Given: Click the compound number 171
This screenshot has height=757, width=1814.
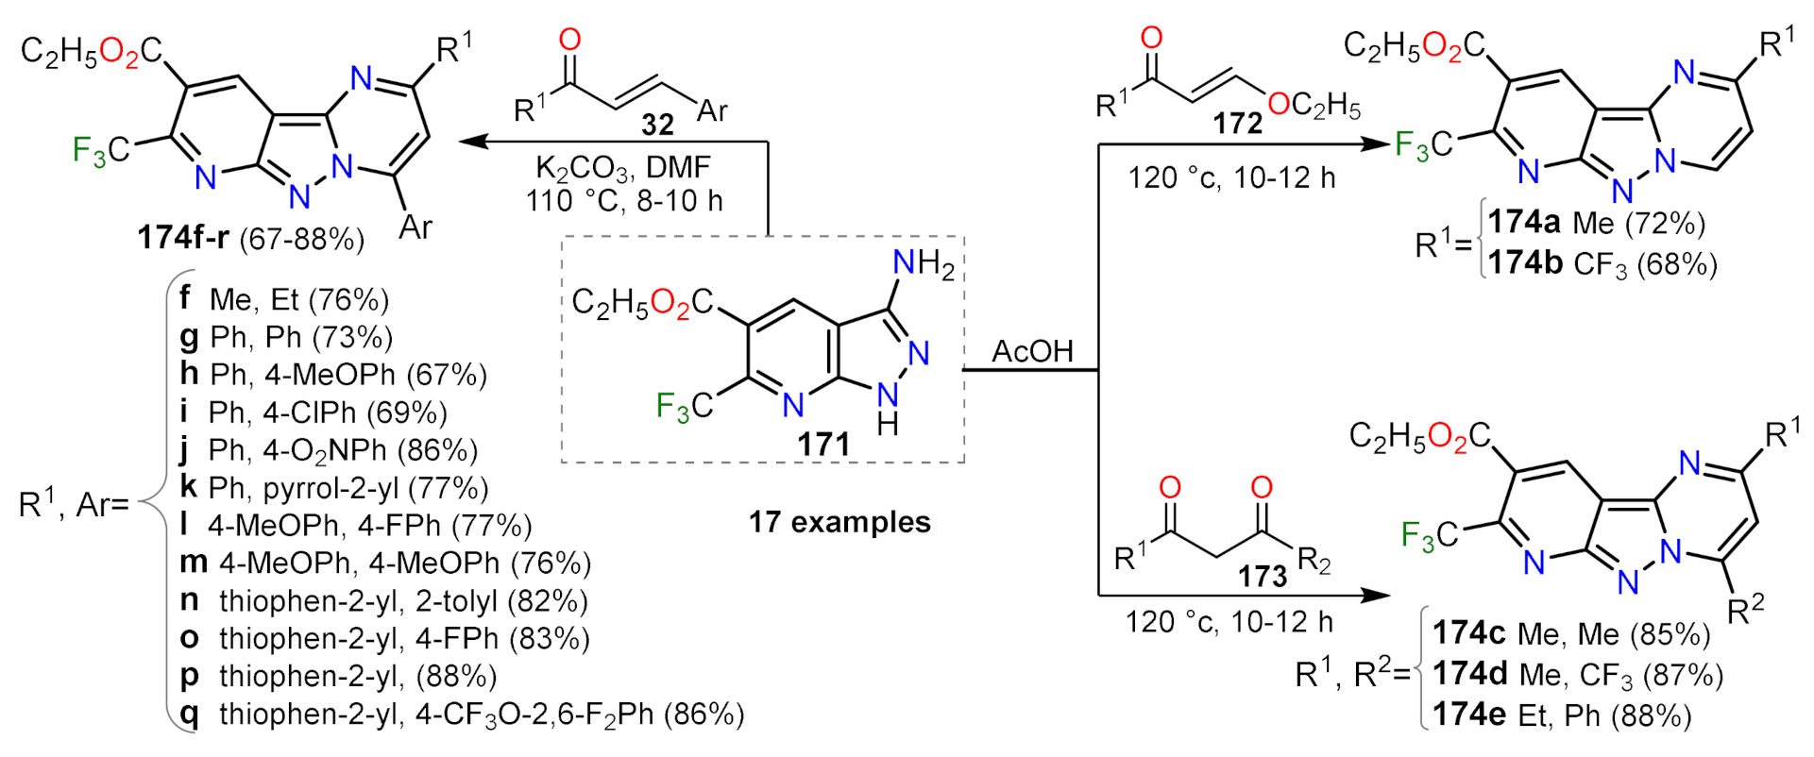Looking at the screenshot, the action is [x=823, y=443].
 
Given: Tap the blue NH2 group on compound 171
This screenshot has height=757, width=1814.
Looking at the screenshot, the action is [x=924, y=263].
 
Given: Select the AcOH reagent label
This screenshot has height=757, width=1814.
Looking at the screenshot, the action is [x=1032, y=351].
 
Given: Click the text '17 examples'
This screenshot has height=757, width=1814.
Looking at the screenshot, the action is [x=839, y=522].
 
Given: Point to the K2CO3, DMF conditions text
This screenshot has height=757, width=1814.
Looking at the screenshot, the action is [x=622, y=168].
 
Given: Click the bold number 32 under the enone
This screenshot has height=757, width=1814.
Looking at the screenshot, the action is [x=657, y=125].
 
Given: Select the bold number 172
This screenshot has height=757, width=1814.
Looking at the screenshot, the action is [x=1237, y=123].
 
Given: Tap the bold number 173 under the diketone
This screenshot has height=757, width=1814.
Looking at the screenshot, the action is [x=1263, y=575].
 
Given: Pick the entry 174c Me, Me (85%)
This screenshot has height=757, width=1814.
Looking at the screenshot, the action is [x=1571, y=633].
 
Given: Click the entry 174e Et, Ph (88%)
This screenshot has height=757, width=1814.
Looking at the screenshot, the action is [x=1562, y=715].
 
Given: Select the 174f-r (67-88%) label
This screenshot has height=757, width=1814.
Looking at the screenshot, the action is [x=250, y=237].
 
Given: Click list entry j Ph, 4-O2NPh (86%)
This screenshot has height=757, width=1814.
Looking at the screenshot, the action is [x=330, y=450].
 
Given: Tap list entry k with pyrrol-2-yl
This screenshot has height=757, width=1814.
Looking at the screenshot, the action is [x=334, y=487].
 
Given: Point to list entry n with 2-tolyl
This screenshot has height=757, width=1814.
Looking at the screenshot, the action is [x=383, y=600].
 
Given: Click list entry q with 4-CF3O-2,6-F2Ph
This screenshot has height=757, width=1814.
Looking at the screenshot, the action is [x=462, y=714].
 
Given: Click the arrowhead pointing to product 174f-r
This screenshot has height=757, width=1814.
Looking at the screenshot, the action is [x=472, y=142].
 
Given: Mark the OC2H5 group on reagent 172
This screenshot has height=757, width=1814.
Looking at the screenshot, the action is [x=1314, y=105].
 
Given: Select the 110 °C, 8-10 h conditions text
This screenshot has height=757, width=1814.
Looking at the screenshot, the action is [x=624, y=200].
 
